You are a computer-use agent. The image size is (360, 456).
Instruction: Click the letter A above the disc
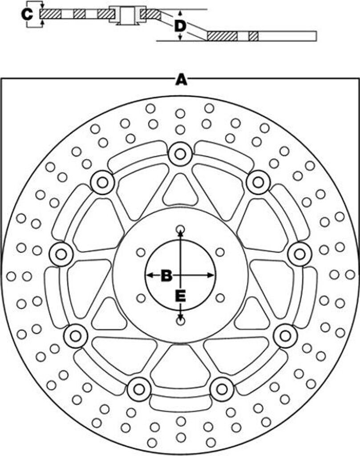(x=180, y=80)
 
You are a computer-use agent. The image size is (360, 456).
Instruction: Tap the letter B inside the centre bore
(x=166, y=275)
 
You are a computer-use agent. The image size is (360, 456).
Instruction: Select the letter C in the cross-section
(x=28, y=14)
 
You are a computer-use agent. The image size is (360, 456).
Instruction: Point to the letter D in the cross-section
(x=179, y=26)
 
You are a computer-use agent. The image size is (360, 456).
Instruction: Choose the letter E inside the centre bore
(x=180, y=295)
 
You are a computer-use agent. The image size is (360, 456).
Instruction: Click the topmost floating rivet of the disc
(x=180, y=154)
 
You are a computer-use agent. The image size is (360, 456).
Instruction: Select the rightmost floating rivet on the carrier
(x=299, y=254)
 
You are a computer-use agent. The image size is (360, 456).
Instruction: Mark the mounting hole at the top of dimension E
(x=180, y=230)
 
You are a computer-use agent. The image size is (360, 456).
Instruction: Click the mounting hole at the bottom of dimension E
(x=180, y=321)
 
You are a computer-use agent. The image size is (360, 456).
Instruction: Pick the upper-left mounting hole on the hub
(x=141, y=252)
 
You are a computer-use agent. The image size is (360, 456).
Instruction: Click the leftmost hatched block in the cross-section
(x=50, y=14)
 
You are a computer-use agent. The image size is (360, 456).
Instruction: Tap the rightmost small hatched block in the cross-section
(x=254, y=36)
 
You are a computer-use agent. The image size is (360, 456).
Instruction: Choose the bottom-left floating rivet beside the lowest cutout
(x=139, y=389)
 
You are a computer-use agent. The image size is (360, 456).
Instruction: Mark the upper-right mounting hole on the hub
(x=219, y=252)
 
